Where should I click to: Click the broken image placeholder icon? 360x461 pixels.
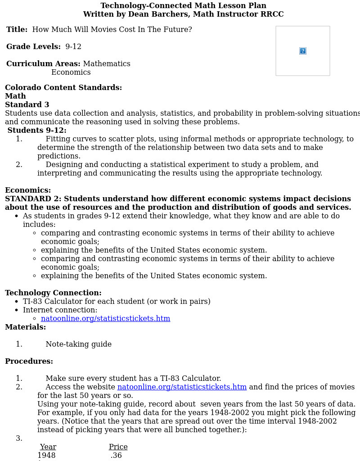(303, 51)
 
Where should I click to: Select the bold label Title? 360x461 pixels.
(17, 30)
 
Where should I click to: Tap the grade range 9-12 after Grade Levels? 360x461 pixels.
(73, 47)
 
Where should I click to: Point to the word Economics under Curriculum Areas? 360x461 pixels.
(71, 72)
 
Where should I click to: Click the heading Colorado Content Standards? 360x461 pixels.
(63, 88)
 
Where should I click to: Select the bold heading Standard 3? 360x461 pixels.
(27, 105)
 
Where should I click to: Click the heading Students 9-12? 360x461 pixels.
(37, 131)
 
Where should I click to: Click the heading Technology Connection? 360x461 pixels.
(53, 293)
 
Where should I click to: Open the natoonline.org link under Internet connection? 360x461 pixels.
(105, 319)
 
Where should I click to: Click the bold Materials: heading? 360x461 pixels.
(25, 327)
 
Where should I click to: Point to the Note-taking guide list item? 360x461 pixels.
(78, 344)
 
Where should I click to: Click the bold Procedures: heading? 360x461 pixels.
(29, 362)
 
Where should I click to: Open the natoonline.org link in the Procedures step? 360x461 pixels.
(182, 387)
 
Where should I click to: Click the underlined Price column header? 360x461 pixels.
(118, 447)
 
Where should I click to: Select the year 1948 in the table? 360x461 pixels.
(46, 456)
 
